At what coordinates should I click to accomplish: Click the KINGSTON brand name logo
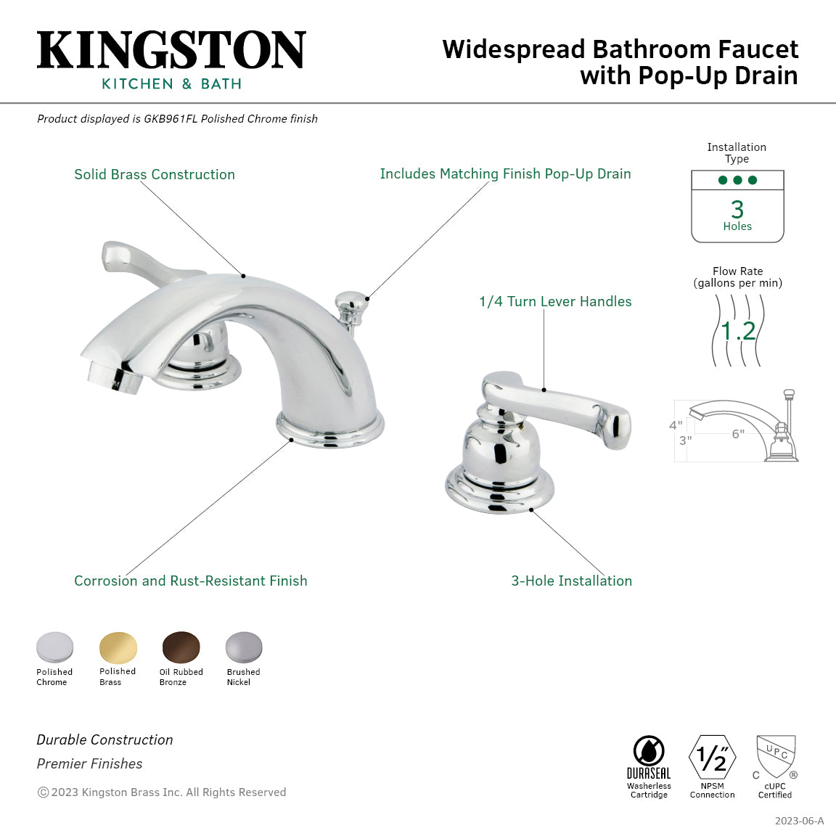(171, 50)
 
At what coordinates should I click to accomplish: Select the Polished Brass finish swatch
(118, 647)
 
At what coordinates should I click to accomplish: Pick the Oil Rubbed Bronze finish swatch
(181, 647)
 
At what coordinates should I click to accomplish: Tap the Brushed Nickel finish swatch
(243, 647)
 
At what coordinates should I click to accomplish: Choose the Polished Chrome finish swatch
(55, 647)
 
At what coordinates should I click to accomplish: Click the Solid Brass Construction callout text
(155, 174)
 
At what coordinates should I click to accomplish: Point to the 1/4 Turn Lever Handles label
(555, 301)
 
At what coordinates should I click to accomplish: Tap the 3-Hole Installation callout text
(571, 581)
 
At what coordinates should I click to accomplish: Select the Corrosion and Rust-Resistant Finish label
(191, 581)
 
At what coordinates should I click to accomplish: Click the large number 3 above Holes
(737, 210)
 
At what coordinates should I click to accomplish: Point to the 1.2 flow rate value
(738, 331)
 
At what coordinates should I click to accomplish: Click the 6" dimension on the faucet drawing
(738, 434)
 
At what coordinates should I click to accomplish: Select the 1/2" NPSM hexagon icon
(712, 758)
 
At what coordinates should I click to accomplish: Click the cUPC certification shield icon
(776, 757)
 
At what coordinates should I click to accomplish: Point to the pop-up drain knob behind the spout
(352, 299)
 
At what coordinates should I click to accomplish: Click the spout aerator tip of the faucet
(114, 378)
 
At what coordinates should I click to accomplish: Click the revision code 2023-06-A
(799, 821)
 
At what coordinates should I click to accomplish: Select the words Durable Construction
(105, 739)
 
